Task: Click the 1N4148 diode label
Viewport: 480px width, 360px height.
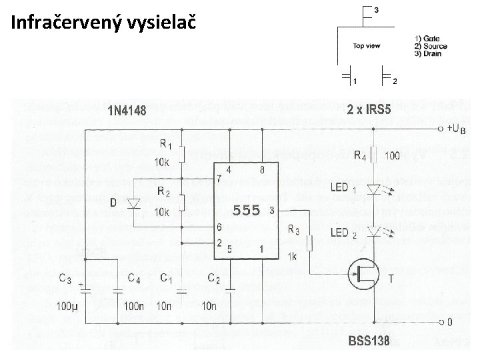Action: pos(127,111)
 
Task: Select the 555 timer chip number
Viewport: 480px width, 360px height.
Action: pos(246,211)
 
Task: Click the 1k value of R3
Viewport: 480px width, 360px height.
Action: pos(291,257)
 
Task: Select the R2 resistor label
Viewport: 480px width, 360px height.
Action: pos(165,192)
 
